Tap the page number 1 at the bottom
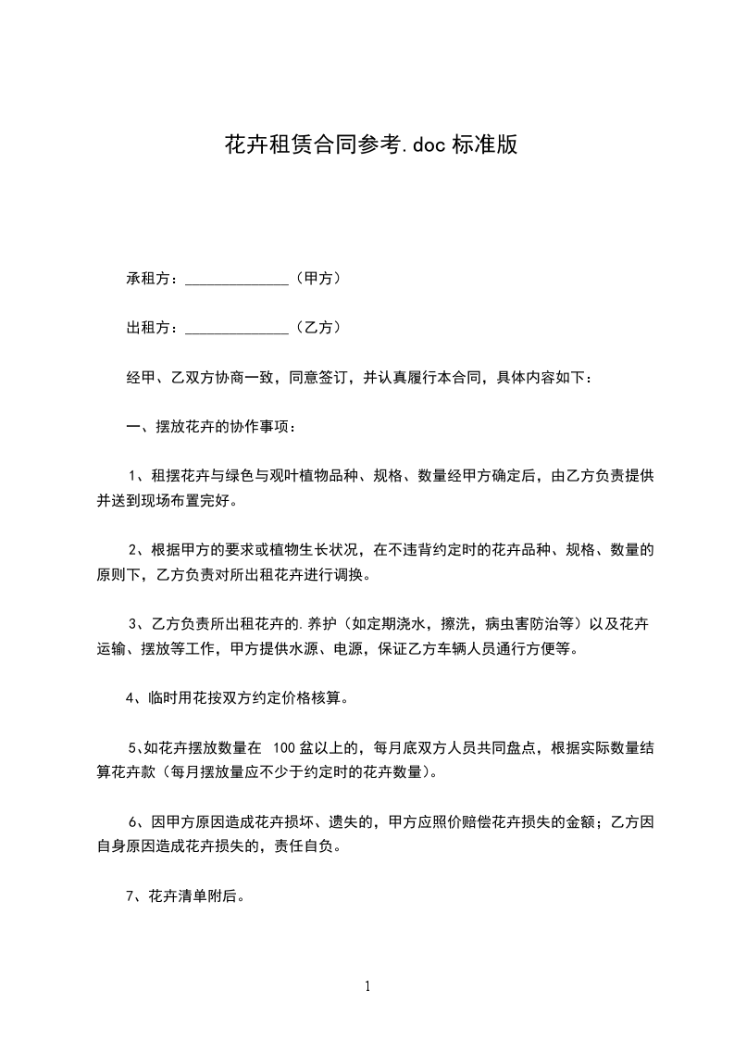pos(367,986)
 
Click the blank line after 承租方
pos(238,279)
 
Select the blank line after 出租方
pos(238,328)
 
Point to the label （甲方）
pos(320,278)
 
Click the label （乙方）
pos(320,327)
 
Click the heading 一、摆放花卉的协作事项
pos(210,427)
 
